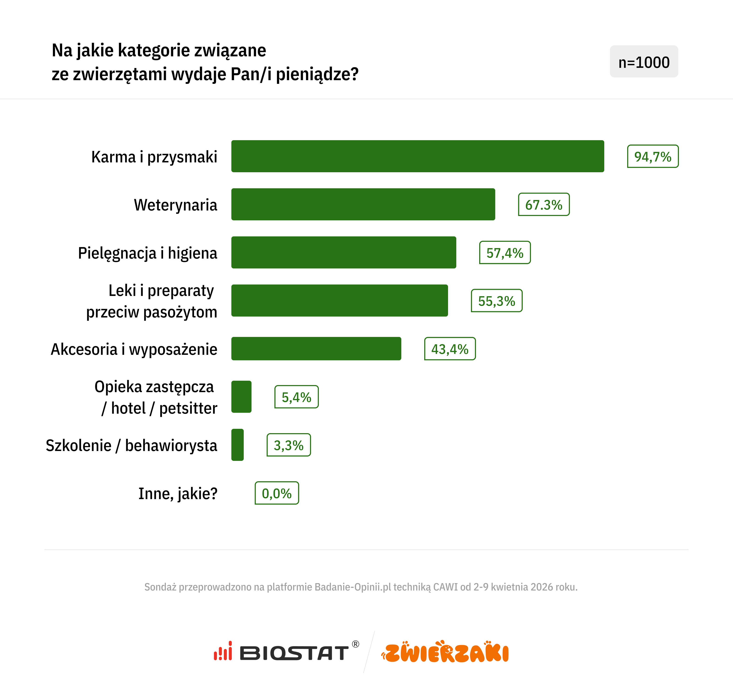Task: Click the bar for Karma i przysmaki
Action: (417, 156)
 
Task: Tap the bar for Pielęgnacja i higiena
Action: (343, 252)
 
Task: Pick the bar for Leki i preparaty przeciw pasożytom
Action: (339, 301)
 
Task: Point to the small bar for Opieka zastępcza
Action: (241, 397)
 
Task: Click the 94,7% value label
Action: (653, 156)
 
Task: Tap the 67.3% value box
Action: (544, 205)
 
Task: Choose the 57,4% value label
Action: (505, 252)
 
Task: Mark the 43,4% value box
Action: (450, 349)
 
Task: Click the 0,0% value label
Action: (276, 493)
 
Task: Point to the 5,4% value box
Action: (296, 397)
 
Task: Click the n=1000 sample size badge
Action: (644, 62)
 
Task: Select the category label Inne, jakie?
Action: (178, 493)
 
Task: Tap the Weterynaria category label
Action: (175, 205)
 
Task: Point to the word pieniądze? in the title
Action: (317, 74)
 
